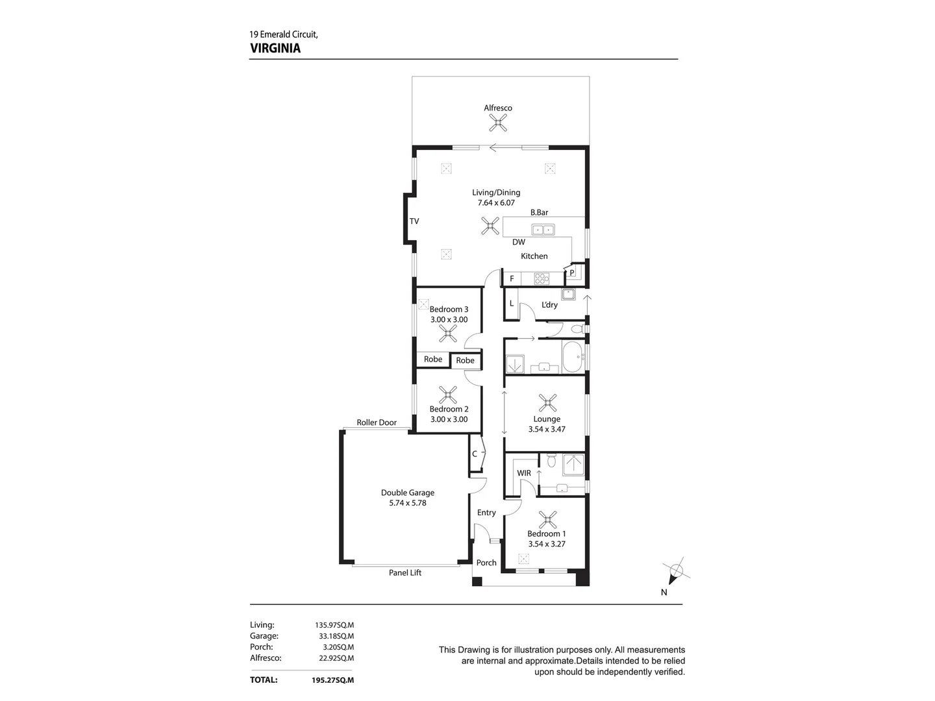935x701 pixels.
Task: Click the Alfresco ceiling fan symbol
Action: [498, 123]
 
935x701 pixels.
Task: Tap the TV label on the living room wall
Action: [414, 221]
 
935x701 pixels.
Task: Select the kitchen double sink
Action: [543, 229]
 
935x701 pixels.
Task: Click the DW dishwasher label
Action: [518, 242]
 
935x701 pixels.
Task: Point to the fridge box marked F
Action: [512, 279]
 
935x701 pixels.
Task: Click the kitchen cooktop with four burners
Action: [541, 279]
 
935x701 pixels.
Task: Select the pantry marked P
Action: [572, 273]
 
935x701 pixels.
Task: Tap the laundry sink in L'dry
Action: [568, 294]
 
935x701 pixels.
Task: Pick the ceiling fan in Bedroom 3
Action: [447, 334]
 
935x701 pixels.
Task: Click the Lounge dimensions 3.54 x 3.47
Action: [547, 429]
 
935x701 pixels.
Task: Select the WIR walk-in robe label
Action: [524, 473]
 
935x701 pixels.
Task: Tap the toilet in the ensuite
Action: [551, 461]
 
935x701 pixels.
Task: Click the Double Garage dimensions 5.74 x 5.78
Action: [407, 503]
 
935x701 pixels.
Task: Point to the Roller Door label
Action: [377, 423]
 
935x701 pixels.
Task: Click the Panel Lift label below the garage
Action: [405, 572]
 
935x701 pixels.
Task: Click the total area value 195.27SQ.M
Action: [332, 680]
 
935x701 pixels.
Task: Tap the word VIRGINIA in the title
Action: [275, 48]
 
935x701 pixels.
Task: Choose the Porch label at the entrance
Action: [486, 563]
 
